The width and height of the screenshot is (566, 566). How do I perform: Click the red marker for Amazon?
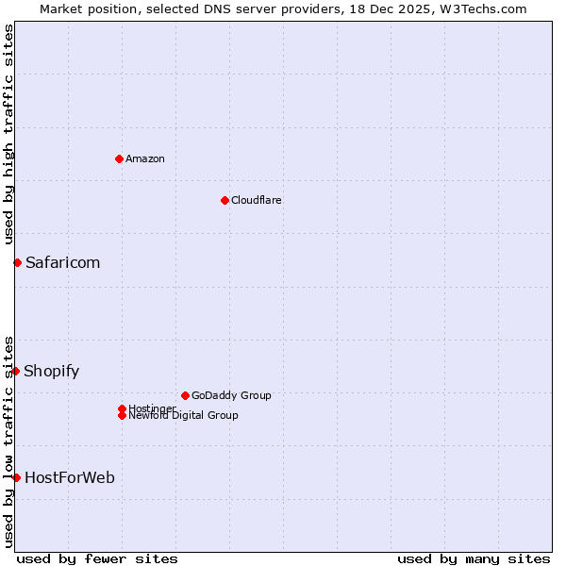(x=119, y=158)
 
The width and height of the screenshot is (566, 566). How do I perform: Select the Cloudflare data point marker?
(x=225, y=200)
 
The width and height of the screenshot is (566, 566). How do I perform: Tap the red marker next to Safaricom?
(x=17, y=262)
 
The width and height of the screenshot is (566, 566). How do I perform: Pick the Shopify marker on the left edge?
(x=16, y=371)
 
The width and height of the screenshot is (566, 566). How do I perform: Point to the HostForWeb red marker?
(x=16, y=477)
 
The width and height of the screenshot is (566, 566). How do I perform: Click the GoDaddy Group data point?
(x=185, y=395)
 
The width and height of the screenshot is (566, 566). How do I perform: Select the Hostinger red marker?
(x=122, y=408)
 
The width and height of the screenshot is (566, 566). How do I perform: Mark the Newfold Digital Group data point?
(x=122, y=415)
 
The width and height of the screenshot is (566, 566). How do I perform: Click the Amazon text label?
(x=145, y=158)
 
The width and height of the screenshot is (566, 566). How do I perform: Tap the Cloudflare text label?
(x=256, y=200)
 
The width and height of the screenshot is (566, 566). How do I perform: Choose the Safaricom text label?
(x=62, y=262)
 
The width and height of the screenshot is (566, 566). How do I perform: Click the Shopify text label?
(x=51, y=371)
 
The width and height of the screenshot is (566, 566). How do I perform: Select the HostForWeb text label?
(x=70, y=477)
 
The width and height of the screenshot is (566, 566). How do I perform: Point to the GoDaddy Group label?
(x=231, y=395)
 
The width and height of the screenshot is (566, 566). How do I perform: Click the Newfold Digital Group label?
(x=183, y=415)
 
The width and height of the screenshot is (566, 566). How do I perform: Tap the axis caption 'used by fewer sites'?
(x=97, y=558)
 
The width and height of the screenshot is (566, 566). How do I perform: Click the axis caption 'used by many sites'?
(x=474, y=558)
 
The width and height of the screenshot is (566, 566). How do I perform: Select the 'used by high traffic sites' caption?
(x=8, y=135)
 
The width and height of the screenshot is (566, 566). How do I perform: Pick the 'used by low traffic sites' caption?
(x=8, y=441)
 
